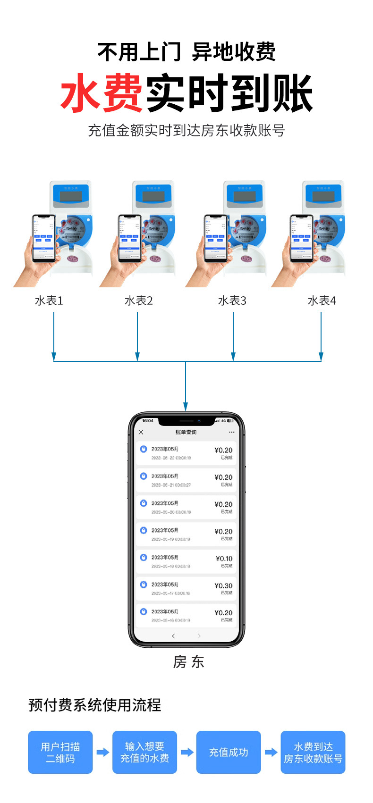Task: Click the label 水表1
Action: (49, 301)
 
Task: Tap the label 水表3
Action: (232, 301)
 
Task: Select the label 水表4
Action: (322, 301)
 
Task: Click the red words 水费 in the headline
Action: (102, 93)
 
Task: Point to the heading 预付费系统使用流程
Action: (94, 705)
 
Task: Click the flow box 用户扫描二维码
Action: (60, 752)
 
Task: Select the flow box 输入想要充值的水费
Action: (144, 752)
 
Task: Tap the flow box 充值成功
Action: (229, 752)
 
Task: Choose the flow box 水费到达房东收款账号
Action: (313, 752)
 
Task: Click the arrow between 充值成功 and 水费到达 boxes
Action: (271, 752)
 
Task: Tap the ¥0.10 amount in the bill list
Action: (224, 559)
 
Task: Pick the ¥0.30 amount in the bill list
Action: (223, 586)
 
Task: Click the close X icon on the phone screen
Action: (141, 432)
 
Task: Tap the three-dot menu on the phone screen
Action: (231, 432)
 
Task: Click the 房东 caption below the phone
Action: (188, 662)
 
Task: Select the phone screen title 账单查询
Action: (186, 432)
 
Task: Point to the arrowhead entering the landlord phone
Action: (186, 407)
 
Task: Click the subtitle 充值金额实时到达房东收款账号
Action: (186, 131)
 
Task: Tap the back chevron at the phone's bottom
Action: (173, 636)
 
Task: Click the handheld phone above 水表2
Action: (130, 238)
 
